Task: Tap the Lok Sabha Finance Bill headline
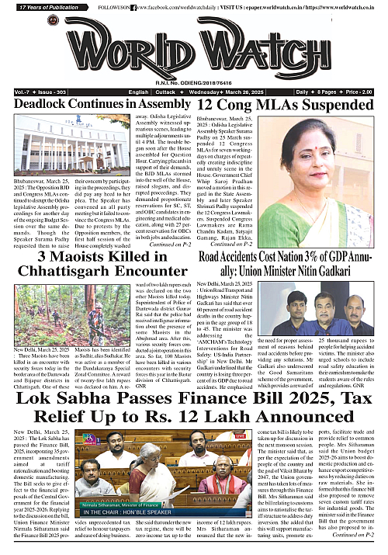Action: (x=194, y=410)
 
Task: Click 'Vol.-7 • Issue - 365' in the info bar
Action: (x=28, y=91)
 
